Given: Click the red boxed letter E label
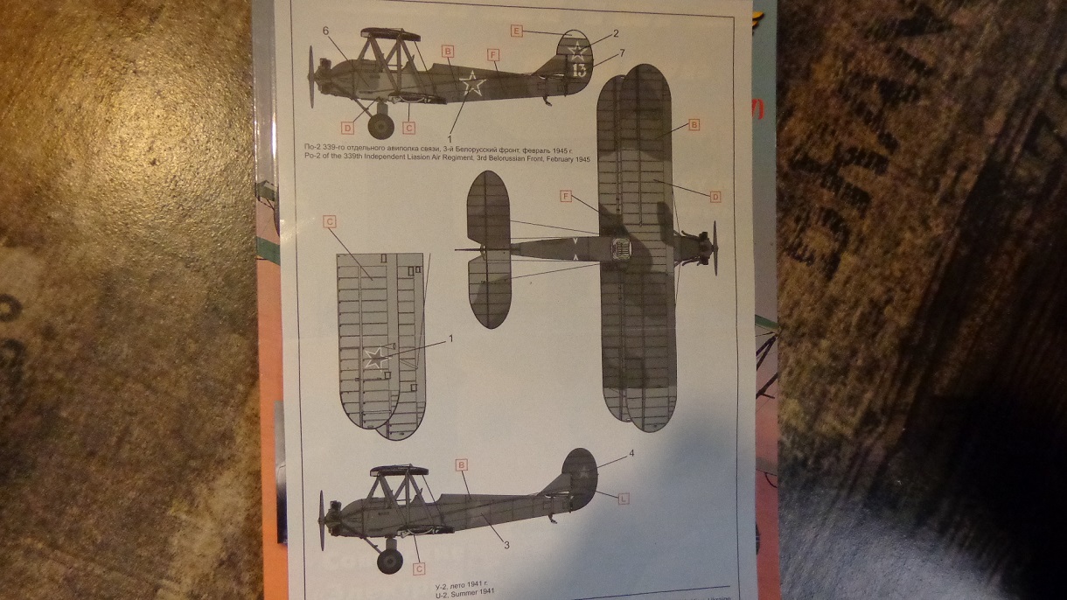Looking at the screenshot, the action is tap(517, 31).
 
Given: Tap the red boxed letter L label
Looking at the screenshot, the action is tap(624, 498).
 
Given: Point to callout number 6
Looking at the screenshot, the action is tap(325, 31).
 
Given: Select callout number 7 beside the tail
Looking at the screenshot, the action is tap(622, 53).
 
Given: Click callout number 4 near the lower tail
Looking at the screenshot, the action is tap(630, 455).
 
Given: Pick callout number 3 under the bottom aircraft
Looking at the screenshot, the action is tap(507, 545).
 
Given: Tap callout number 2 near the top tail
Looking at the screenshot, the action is tap(616, 33).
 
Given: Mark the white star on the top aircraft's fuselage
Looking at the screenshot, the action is tap(472, 85).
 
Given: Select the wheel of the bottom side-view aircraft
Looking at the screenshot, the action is tap(389, 560).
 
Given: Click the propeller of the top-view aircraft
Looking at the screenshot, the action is tap(715, 248).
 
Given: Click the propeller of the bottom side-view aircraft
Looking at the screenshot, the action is tap(323, 514).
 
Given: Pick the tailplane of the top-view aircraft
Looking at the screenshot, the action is tap(490, 249).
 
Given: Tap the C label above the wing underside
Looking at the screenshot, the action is tap(331, 221).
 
